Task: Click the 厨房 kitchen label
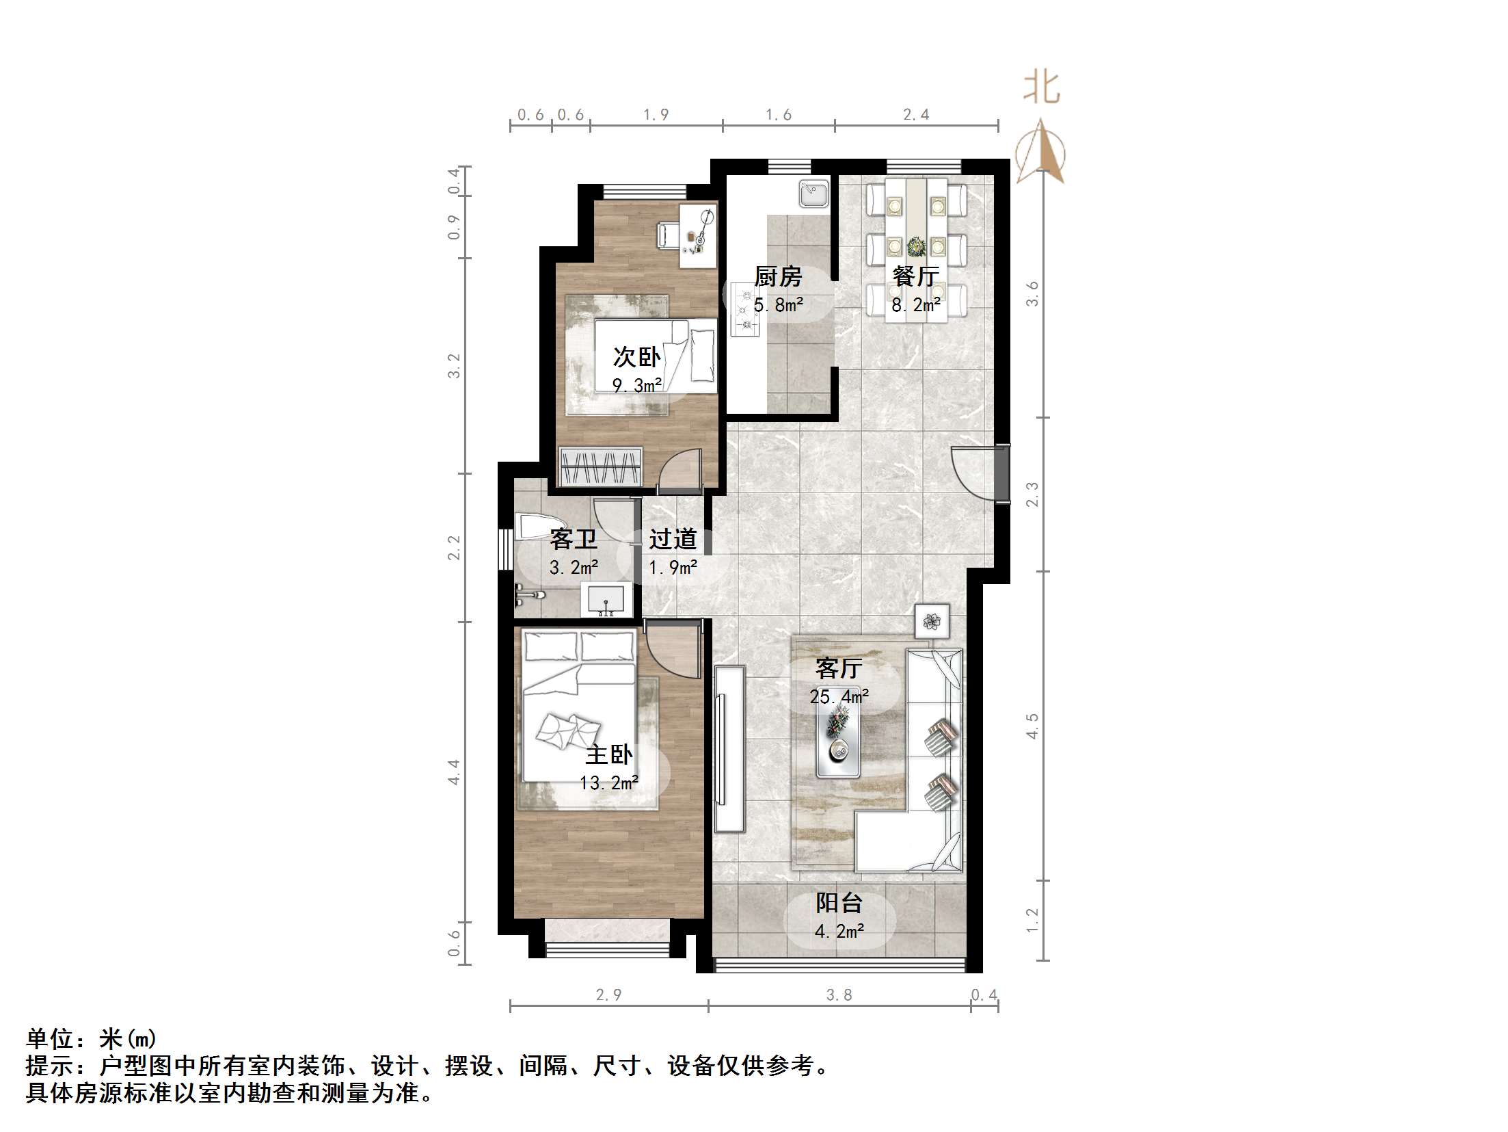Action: (778, 277)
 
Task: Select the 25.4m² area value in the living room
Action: (839, 697)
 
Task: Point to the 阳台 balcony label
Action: (839, 903)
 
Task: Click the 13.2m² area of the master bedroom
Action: (608, 782)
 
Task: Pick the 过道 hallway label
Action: (673, 539)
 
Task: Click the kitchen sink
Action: (813, 194)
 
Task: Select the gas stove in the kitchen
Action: (744, 310)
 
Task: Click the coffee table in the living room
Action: (838, 741)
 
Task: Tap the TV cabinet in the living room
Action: (729, 749)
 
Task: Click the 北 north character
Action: (1041, 88)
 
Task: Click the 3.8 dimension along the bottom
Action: (839, 995)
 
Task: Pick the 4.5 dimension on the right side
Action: (1032, 726)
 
